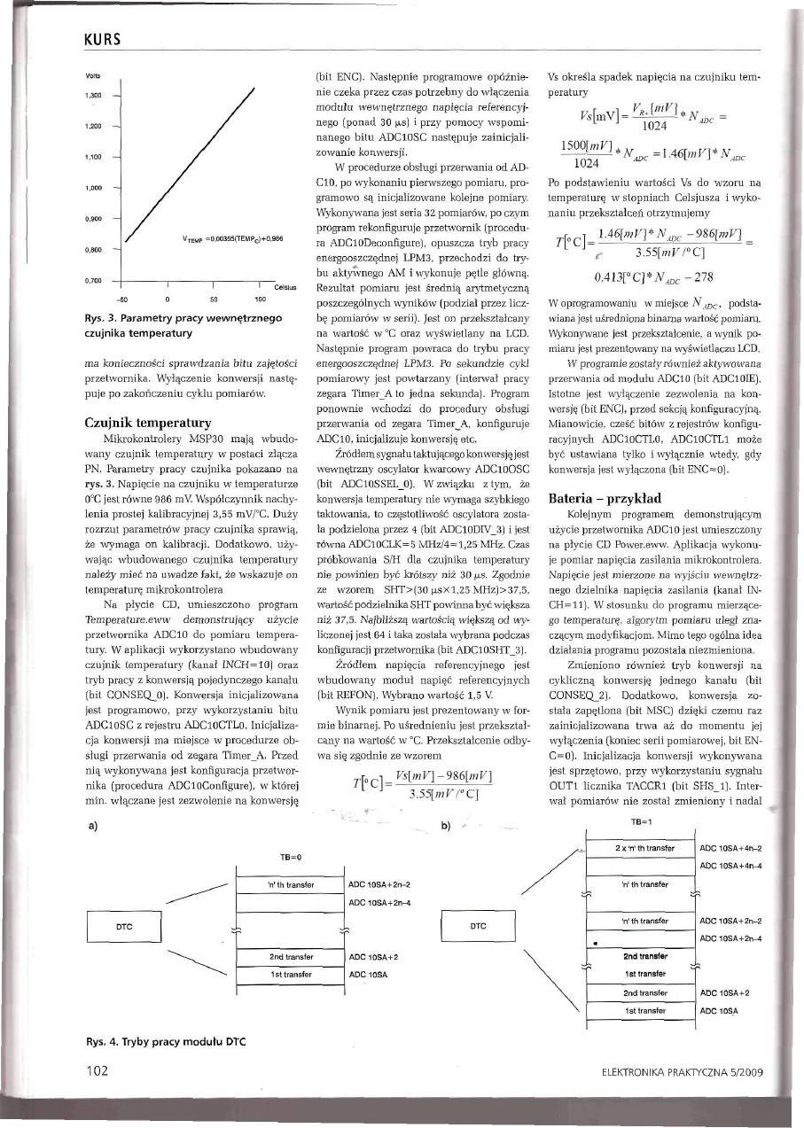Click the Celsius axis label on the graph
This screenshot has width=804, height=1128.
pyautogui.click(x=284, y=288)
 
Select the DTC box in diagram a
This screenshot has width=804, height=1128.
pyautogui.click(x=126, y=925)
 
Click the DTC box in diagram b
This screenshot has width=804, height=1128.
pyautogui.click(x=478, y=925)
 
